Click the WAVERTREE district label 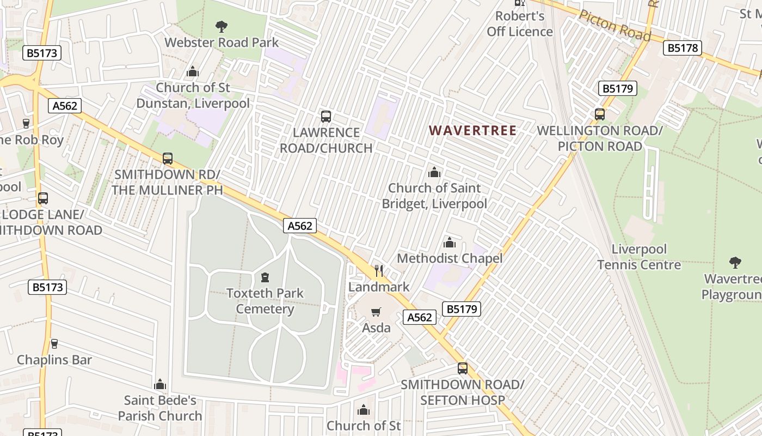click(472, 131)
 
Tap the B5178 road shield click(682, 48)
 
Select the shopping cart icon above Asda click(376, 312)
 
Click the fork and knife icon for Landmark click(379, 270)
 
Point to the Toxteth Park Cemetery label click(265, 301)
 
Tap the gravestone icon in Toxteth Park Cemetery click(265, 277)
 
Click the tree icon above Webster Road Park click(221, 26)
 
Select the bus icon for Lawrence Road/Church click(326, 116)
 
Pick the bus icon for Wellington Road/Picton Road click(600, 114)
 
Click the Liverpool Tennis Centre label click(639, 257)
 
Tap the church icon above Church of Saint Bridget click(434, 172)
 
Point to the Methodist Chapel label click(450, 258)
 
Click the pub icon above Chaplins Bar click(54, 343)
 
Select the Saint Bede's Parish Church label click(160, 408)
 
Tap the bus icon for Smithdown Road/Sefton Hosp click(463, 368)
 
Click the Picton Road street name click(614, 25)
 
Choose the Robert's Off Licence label click(520, 24)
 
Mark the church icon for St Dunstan click(193, 71)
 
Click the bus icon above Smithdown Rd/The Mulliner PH click(168, 159)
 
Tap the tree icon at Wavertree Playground click(735, 263)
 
